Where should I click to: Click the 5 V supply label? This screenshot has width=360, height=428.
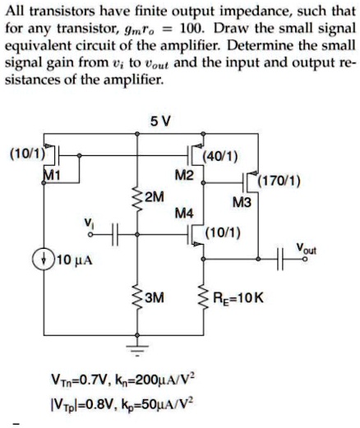pyautogui.click(x=160, y=121)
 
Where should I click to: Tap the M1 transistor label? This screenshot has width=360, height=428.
pyautogui.click(x=52, y=175)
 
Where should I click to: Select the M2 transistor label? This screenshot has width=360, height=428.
pyautogui.click(x=184, y=175)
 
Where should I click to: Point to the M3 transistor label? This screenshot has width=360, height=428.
pyautogui.click(x=242, y=203)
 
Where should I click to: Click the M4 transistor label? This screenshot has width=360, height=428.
pyautogui.click(x=184, y=214)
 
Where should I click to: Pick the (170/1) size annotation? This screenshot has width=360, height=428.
pyautogui.click(x=279, y=181)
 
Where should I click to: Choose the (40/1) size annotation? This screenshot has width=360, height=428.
pyautogui.click(x=220, y=157)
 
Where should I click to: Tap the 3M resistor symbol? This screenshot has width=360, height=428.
pyautogui.click(x=137, y=297)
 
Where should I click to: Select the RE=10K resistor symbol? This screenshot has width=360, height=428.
pyautogui.click(x=203, y=297)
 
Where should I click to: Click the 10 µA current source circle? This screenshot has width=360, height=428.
pyautogui.click(x=44, y=260)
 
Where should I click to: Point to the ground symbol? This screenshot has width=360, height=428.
pyautogui.click(x=137, y=351)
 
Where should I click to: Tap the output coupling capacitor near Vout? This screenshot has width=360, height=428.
pyautogui.click(x=279, y=259)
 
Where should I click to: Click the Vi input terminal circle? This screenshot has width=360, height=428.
pyautogui.click(x=90, y=235)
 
